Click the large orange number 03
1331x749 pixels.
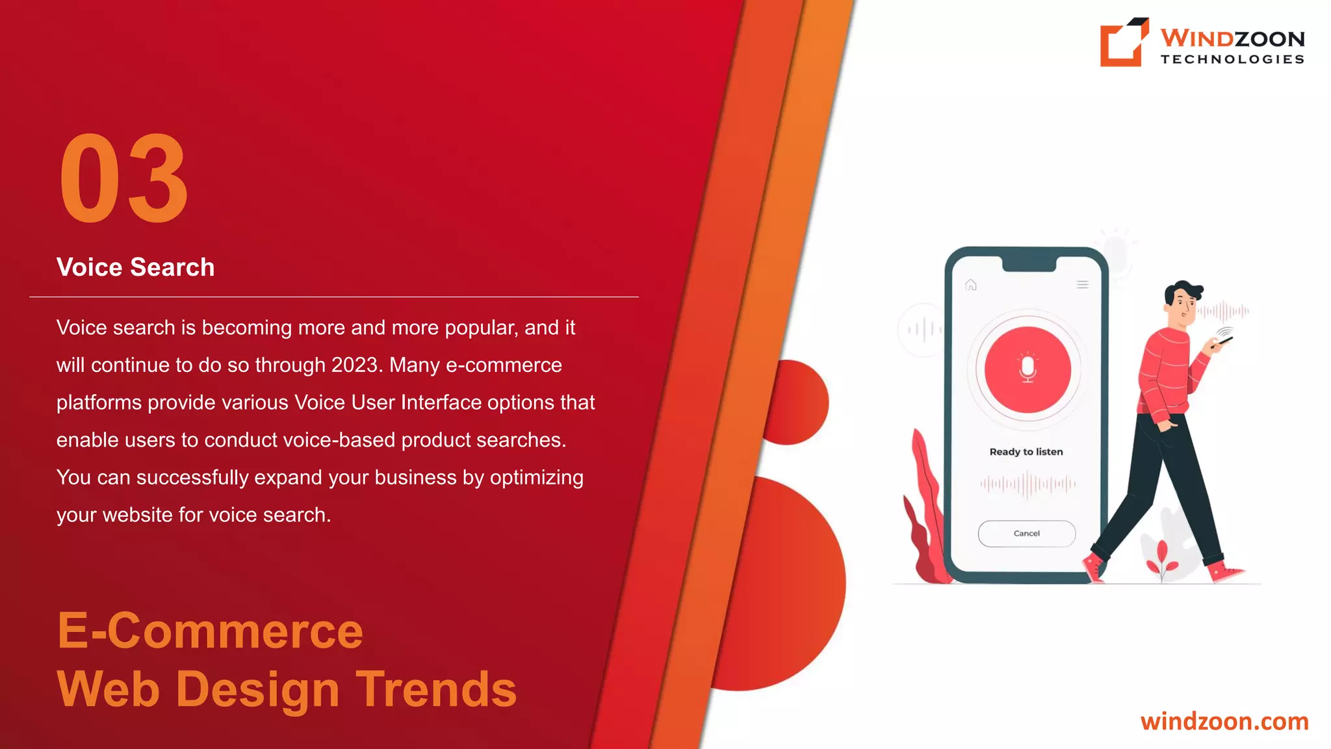[x=123, y=179]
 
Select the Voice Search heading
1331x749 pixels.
[x=135, y=267]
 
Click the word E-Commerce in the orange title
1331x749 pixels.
[x=210, y=631]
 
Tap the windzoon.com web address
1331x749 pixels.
[x=1224, y=722]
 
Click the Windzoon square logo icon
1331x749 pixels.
[x=1123, y=42]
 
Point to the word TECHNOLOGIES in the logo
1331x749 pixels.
[x=1232, y=59]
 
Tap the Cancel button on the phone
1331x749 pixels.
[x=1026, y=534]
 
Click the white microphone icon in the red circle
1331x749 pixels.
[x=1027, y=369]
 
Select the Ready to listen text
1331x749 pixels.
[x=1026, y=452]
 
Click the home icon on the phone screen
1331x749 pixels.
[x=971, y=285]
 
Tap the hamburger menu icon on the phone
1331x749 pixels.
[x=1082, y=285]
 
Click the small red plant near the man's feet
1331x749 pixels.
[x=1161, y=559]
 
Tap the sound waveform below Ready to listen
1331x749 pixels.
[x=1027, y=484]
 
